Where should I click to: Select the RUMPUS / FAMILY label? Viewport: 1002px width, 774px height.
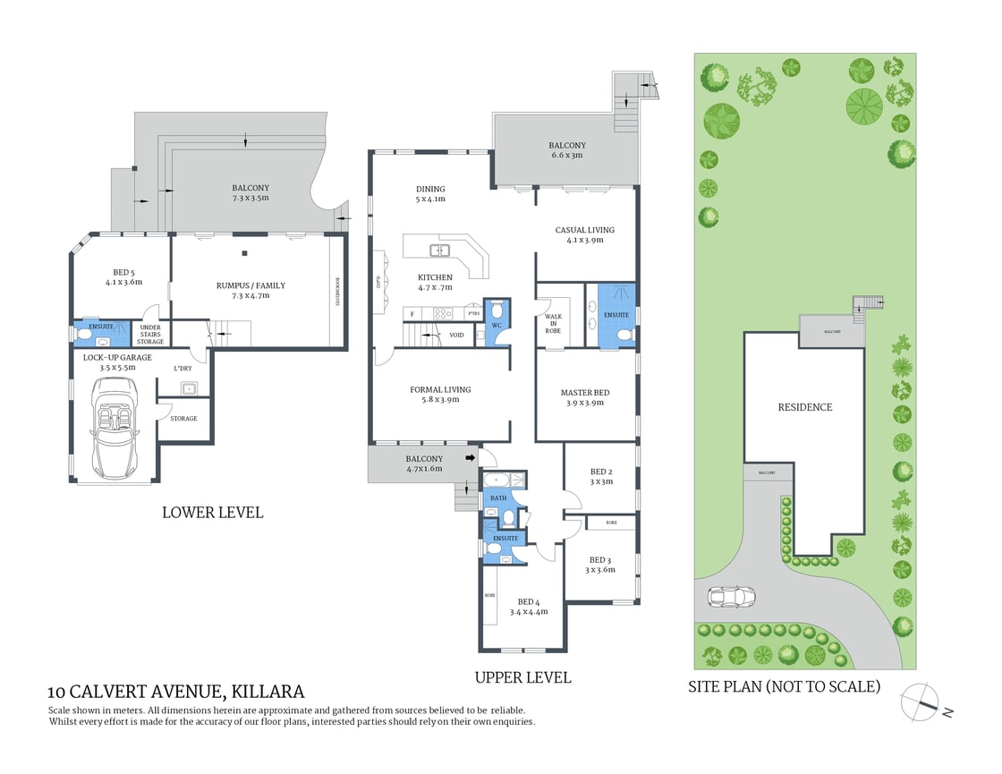(x=250, y=285)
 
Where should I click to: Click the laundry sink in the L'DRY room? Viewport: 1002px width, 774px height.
(x=189, y=387)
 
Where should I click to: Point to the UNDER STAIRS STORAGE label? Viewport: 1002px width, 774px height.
(x=149, y=335)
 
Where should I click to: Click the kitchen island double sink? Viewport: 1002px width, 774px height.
(x=438, y=250)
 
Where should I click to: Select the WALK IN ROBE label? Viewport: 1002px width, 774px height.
(x=553, y=324)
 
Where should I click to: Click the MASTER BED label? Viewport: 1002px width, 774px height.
(x=585, y=392)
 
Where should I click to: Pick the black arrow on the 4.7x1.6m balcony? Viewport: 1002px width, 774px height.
(x=469, y=459)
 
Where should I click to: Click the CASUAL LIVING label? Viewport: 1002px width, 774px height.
(x=584, y=230)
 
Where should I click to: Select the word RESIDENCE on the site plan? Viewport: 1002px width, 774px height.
(x=804, y=407)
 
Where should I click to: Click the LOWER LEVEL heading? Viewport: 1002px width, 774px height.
(x=212, y=513)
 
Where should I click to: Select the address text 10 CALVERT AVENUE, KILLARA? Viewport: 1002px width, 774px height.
(x=176, y=692)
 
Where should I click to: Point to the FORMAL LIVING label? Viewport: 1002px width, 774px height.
(x=440, y=389)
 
